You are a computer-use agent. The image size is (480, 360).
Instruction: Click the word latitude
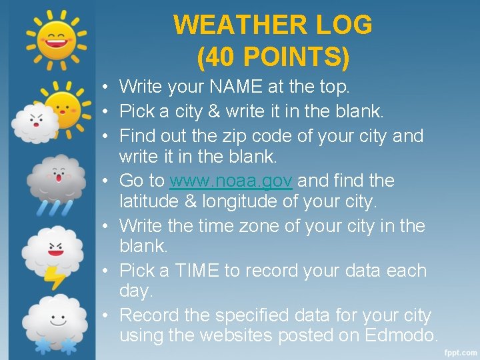click(x=151, y=200)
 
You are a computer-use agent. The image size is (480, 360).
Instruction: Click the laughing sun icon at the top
click(x=57, y=39)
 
